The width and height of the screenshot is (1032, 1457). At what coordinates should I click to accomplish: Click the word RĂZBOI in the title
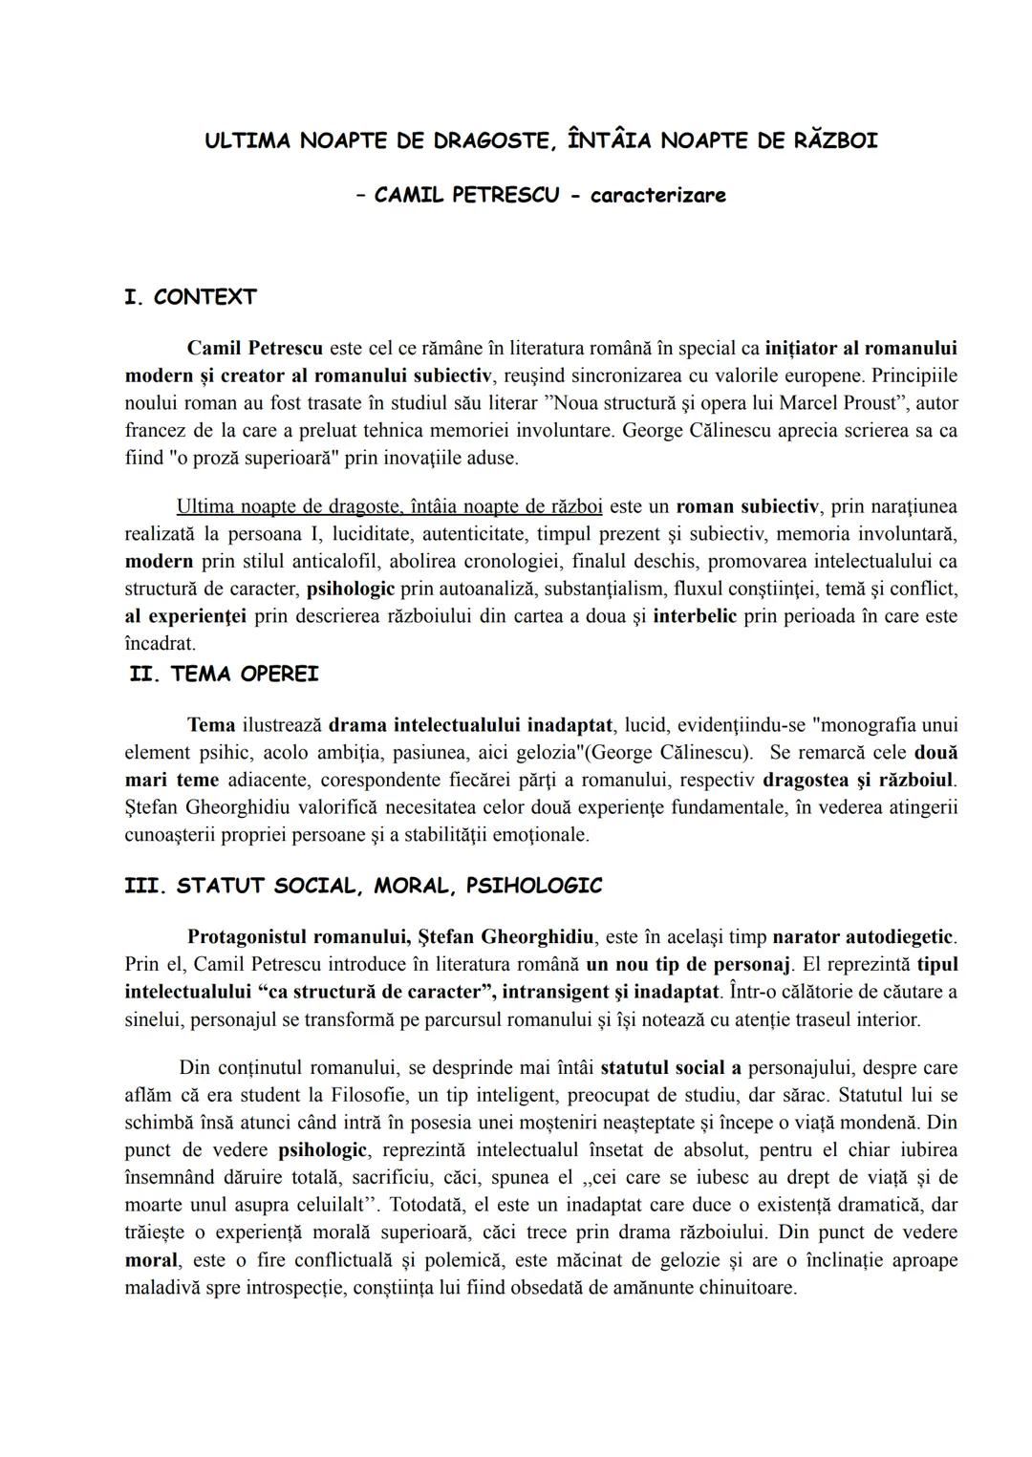pos(835,141)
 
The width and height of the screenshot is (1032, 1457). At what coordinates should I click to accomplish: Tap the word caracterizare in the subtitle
pos(657,196)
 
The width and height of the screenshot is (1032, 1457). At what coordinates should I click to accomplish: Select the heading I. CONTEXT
pos(190,297)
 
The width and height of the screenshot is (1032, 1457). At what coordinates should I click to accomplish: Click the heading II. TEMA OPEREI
pos(224,675)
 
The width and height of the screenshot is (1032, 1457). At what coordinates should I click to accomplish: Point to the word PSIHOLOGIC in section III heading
pos(534,886)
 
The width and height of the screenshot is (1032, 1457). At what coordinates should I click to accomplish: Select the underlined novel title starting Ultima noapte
pos(389,505)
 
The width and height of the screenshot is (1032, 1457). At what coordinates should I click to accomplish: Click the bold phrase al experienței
pos(185,616)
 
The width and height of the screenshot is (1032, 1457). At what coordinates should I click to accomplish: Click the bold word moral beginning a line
pos(151,1260)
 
